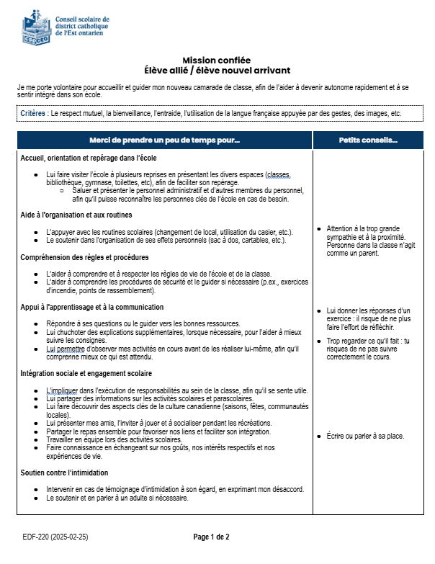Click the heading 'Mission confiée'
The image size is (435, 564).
[x=216, y=60]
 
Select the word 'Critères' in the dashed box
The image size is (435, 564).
[x=32, y=114]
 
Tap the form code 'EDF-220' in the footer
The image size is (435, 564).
[x=36, y=537]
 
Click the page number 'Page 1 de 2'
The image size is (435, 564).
[x=212, y=537]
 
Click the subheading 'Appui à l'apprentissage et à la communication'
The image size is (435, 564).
[x=92, y=307]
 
